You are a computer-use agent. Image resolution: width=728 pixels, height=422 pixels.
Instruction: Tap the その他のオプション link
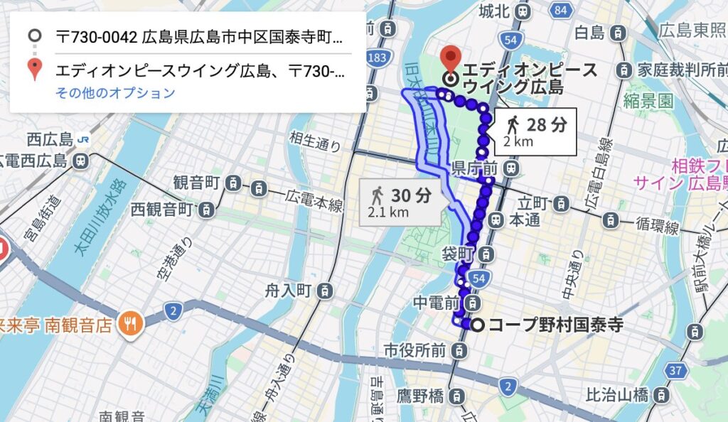tap(115, 93)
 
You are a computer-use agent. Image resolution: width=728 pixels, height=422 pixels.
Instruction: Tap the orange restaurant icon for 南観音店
tap(132, 323)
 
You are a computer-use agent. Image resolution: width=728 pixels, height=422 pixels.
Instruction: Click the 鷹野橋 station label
tap(421, 393)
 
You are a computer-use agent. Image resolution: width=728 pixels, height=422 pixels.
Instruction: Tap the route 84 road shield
tap(561, 10)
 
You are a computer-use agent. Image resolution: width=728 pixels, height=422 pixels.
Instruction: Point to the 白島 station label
tap(589, 32)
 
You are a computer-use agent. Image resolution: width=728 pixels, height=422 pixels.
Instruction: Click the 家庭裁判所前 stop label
tap(681, 70)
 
